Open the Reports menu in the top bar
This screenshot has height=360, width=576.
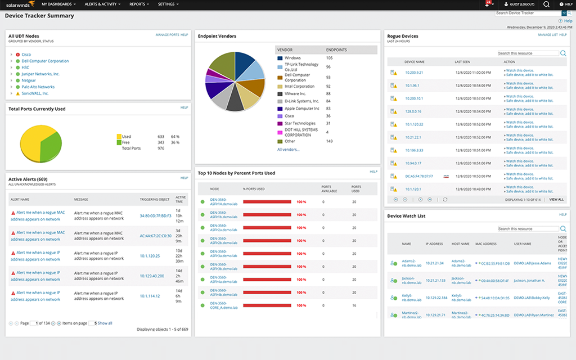pyautogui.click(x=139, y=4)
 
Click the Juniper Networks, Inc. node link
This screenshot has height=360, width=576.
pyautogui.click(x=40, y=74)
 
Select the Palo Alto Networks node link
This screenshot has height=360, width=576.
pyautogui.click(x=38, y=87)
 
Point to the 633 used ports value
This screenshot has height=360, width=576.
pyautogui.click(x=161, y=137)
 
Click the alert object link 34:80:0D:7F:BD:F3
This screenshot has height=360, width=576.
pyautogui.click(x=155, y=215)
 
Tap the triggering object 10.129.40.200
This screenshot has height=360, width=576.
pyautogui.click(x=152, y=276)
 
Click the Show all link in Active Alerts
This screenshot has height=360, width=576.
pyautogui.click(x=105, y=323)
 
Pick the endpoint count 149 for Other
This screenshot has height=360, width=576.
pyautogui.click(x=330, y=141)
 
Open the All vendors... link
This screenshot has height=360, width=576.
pyautogui.click(x=289, y=150)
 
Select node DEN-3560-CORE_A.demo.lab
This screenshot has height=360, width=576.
pyautogui.click(x=224, y=305)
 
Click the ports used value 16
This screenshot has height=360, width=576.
pyautogui.click(x=354, y=305)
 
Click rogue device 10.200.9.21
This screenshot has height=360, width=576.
pyautogui.click(x=414, y=72)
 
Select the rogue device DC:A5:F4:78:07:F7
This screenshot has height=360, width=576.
pyautogui.click(x=419, y=176)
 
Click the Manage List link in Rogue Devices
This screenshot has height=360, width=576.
pyautogui.click(x=547, y=35)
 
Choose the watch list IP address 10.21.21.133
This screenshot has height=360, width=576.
pyautogui.click(x=435, y=280)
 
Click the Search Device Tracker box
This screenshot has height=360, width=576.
pyautogui.click(x=527, y=13)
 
